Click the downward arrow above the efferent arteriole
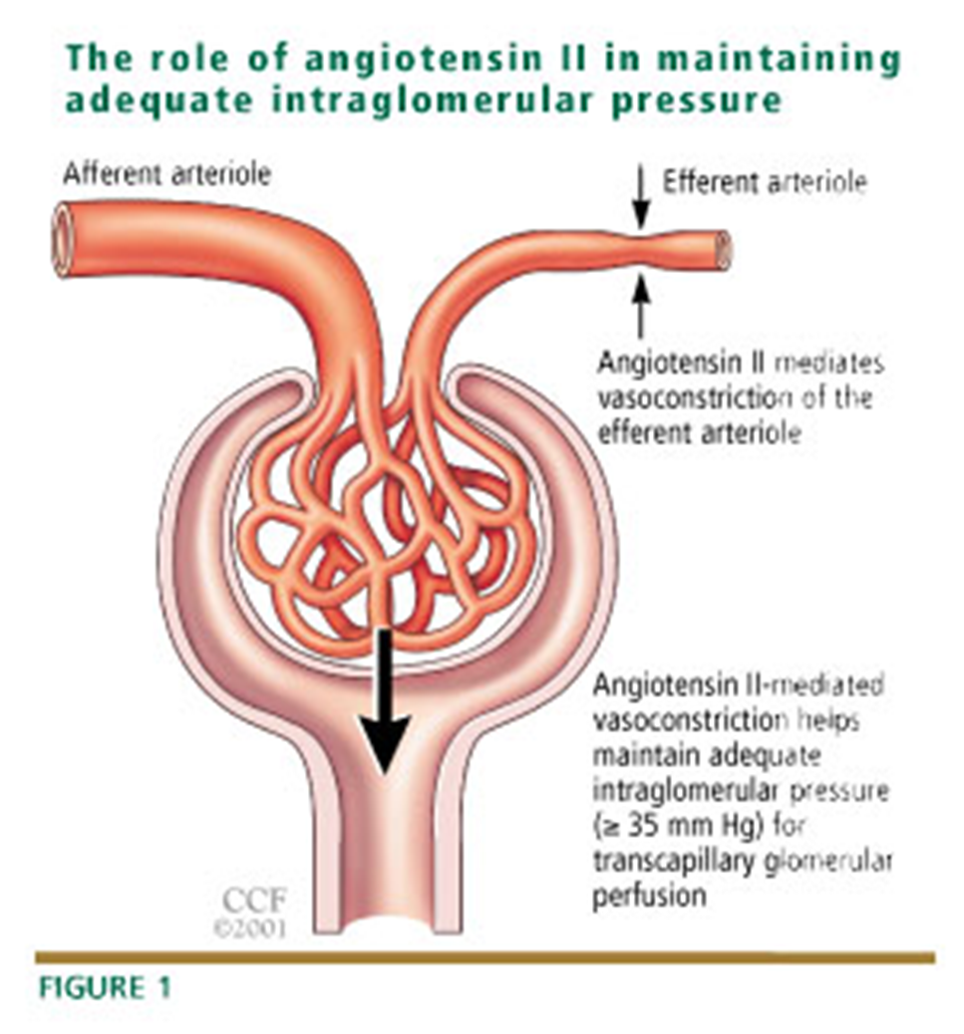[x=640, y=198]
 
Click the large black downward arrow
[x=385, y=708]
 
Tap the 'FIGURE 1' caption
[x=105, y=988]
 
